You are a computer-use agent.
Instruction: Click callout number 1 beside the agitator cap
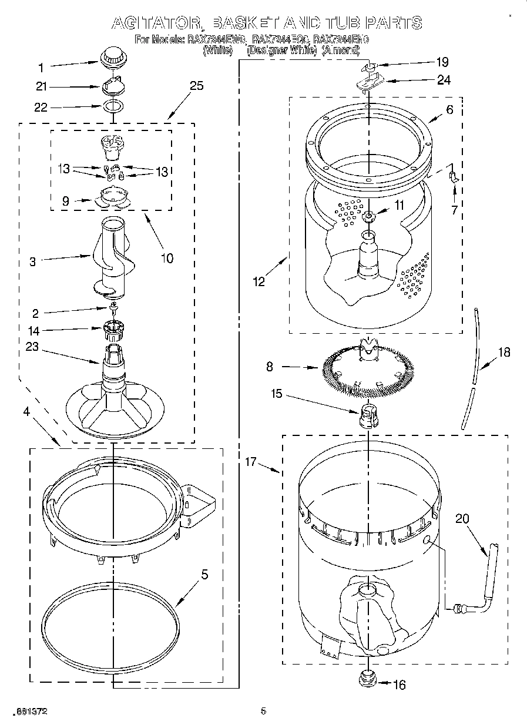[41, 66]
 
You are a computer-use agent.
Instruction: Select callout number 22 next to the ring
[41, 107]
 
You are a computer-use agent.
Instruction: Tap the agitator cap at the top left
[110, 58]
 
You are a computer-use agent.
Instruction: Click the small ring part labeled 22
[113, 106]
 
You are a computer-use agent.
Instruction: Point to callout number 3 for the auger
[32, 262]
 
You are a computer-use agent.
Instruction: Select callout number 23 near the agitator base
[32, 347]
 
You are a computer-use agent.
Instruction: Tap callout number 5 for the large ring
[204, 575]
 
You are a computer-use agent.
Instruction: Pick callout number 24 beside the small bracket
[444, 80]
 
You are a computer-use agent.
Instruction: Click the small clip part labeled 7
[453, 177]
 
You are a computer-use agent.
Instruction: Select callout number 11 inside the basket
[399, 205]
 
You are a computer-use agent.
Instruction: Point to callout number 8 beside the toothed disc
[269, 367]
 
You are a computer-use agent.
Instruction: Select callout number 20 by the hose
[462, 518]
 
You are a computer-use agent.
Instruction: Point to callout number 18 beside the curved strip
[503, 353]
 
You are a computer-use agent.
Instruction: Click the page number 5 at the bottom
[263, 712]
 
